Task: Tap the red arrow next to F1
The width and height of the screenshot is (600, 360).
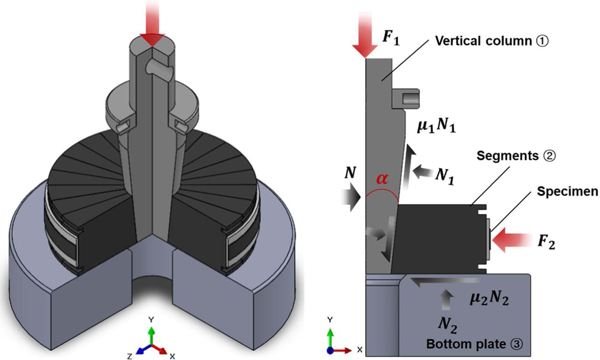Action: point(365,36)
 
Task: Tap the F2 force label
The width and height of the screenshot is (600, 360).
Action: point(546,243)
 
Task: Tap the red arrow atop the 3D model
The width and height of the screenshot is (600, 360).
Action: point(152,28)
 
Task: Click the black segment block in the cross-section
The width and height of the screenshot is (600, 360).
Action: point(438,238)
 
